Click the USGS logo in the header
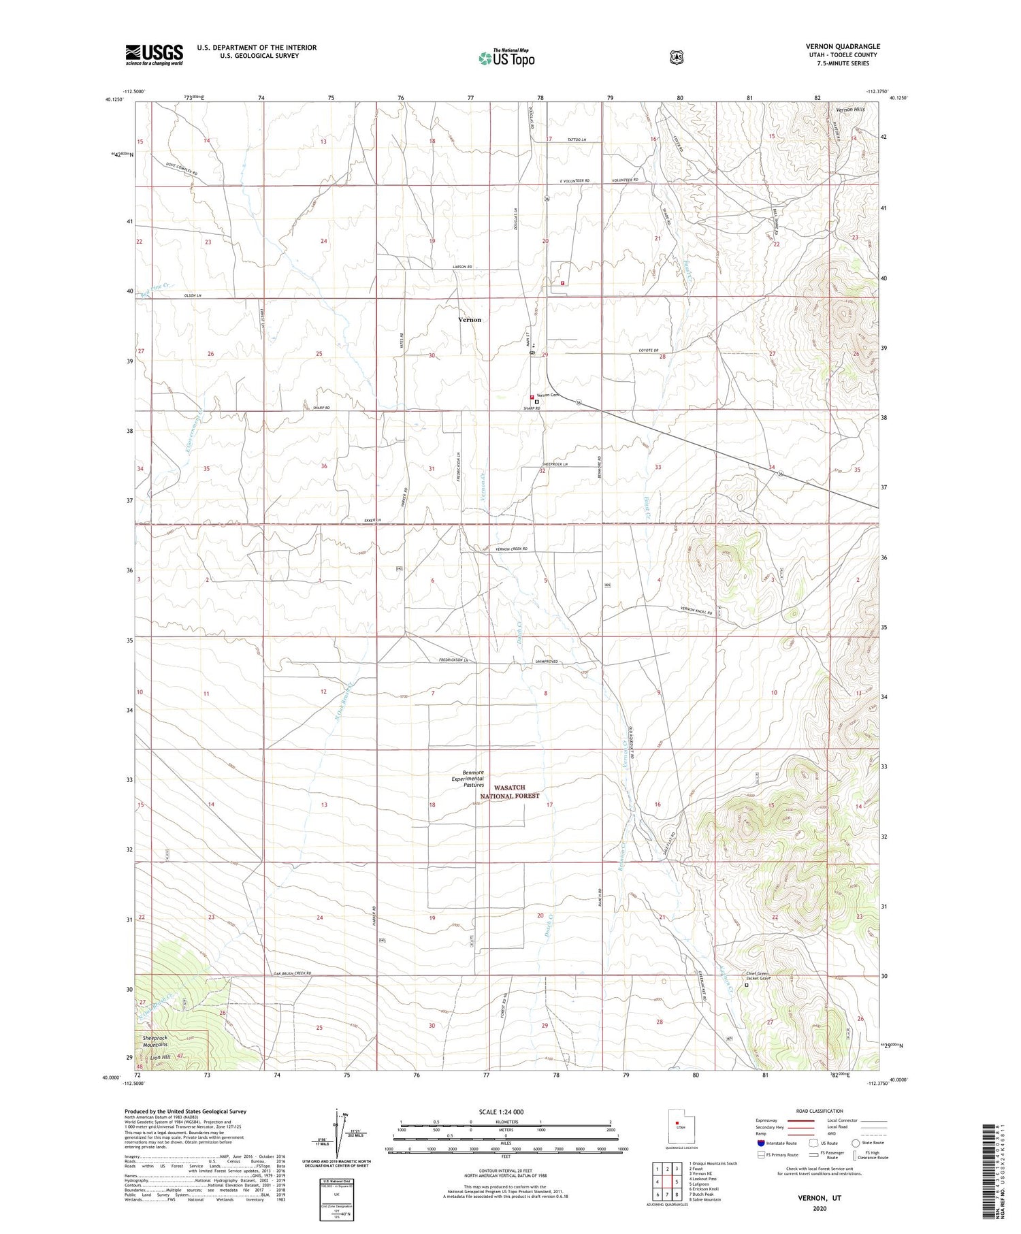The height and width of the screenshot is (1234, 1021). [155, 54]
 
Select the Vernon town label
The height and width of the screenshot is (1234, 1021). [469, 319]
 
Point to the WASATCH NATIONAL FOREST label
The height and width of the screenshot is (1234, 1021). [510, 791]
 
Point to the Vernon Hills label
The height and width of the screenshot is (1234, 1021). [845, 109]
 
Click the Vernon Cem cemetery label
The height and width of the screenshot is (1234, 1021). [547, 395]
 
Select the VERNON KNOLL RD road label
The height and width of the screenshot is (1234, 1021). [696, 611]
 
